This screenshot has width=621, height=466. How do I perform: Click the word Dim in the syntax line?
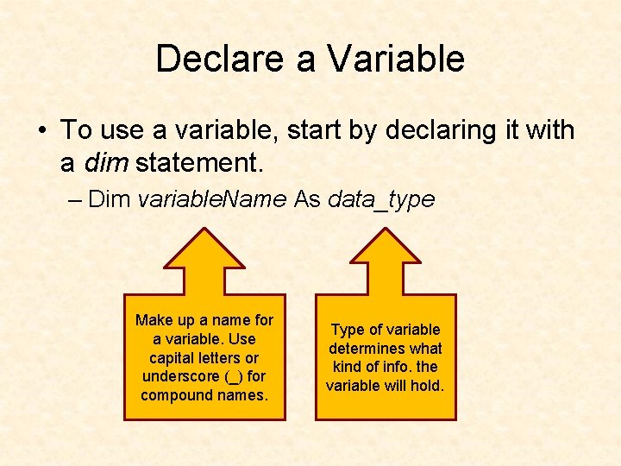pyautogui.click(x=110, y=200)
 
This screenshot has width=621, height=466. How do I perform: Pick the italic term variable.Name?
pyautogui.click(x=212, y=200)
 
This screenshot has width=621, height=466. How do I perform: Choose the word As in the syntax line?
pyautogui.click(x=307, y=200)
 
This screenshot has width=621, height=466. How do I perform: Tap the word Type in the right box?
pyautogui.click(x=348, y=330)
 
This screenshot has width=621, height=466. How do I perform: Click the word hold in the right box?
pyautogui.click(x=428, y=386)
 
